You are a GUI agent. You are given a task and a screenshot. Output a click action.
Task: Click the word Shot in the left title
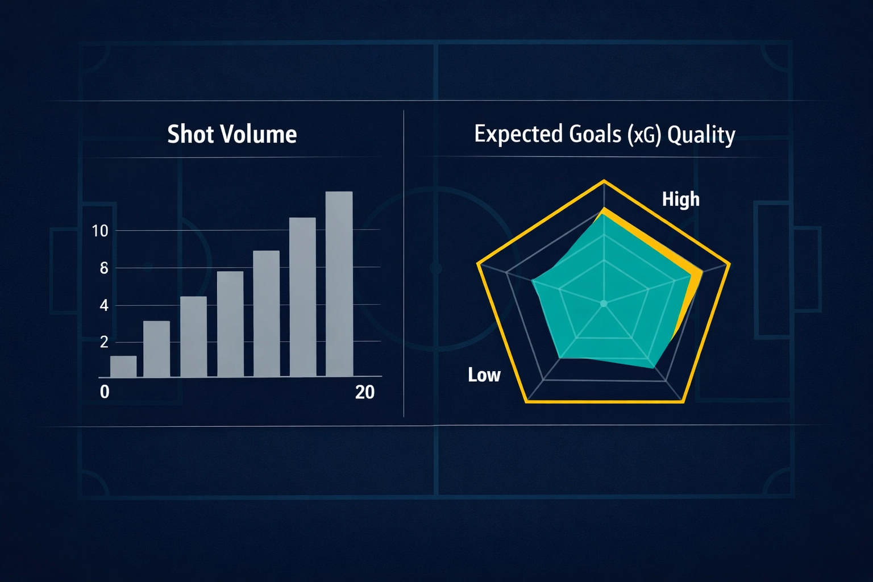pos(191,135)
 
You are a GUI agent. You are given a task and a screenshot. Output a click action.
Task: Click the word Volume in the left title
pos(259,135)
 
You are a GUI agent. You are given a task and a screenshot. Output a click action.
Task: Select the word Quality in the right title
pos(701,135)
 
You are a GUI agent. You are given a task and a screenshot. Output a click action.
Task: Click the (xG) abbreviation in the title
pos(645,135)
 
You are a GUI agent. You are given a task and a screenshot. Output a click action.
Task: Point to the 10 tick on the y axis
pos(99,231)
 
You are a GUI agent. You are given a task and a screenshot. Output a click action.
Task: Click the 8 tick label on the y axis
pos(103,268)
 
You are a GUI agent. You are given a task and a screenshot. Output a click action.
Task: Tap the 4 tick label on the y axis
pos(103,306)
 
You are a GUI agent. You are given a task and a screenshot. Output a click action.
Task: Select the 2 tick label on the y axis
pos(103,342)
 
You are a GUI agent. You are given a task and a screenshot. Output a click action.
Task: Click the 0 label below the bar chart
pos(105,392)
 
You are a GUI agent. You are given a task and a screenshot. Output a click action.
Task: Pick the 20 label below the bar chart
pos(364,392)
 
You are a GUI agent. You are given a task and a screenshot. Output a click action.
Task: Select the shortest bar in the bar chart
pos(123,367)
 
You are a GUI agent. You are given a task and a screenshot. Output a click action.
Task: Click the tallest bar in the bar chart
pos(339,284)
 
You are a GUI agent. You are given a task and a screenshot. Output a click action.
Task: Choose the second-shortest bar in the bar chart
pos(156,349)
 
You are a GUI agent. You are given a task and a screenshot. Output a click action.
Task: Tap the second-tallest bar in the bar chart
pos(302,297)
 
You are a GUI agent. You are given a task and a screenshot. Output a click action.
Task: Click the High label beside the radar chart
pos(680,199)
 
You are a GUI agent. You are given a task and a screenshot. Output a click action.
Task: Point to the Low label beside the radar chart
pos(484,375)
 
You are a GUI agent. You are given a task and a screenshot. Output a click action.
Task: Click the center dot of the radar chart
pos(604,304)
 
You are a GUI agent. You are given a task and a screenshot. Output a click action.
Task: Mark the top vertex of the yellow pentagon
pos(604,181)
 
